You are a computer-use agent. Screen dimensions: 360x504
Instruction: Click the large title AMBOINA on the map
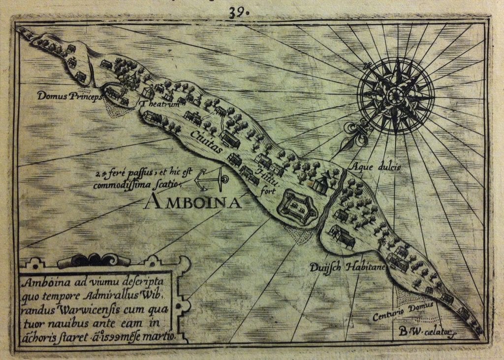(192, 202)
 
